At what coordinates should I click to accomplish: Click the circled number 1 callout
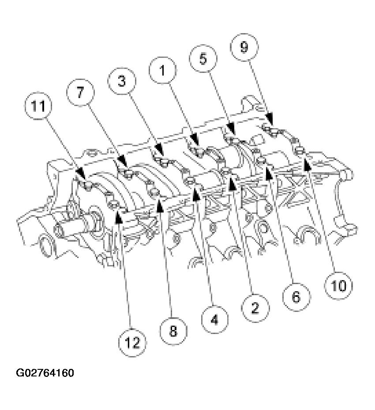[162, 70]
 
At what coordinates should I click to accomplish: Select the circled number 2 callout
[254, 308]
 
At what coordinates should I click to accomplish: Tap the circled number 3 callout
[122, 82]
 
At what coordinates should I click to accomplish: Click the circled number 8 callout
[173, 331]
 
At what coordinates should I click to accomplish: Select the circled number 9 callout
[244, 48]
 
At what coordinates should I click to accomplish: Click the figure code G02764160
[45, 373]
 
